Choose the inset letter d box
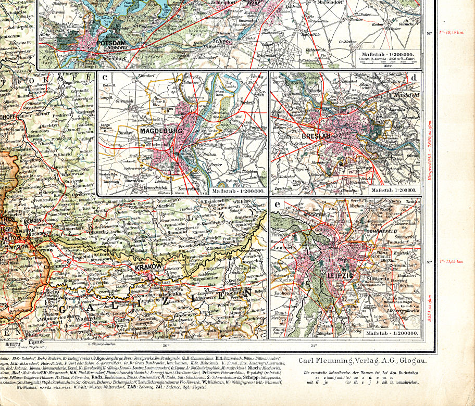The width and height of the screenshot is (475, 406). point(414,78)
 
